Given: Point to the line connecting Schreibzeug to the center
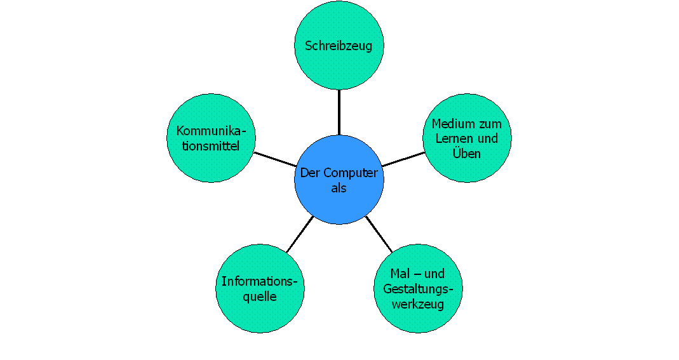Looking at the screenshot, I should pyautogui.click(x=339, y=112).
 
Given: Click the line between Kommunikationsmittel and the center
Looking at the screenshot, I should pyautogui.click(x=276, y=159).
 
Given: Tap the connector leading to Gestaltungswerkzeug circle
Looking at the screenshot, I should pyautogui.click(x=379, y=234).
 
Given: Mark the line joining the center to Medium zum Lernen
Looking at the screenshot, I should pyautogui.click(x=403, y=159).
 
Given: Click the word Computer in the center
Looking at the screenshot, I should pyautogui.click(x=351, y=173).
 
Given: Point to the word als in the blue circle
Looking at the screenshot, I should pyautogui.click(x=339, y=188).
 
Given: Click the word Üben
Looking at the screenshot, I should pyautogui.click(x=467, y=154).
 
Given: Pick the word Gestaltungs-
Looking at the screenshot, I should pyautogui.click(x=418, y=289).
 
